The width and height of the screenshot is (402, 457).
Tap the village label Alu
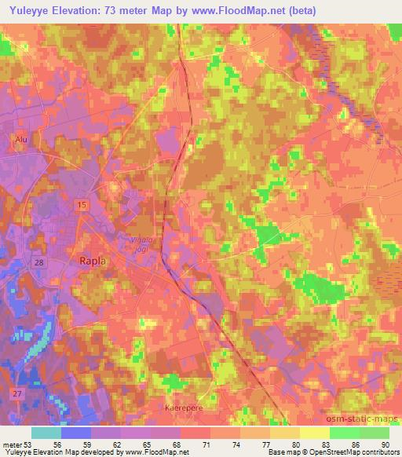20,140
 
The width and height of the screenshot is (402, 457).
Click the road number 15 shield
83,204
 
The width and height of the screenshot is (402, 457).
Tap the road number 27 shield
16,391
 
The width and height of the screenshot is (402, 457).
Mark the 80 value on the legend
296,445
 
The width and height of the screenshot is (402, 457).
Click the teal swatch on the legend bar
46,433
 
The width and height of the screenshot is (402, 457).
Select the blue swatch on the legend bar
76,433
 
